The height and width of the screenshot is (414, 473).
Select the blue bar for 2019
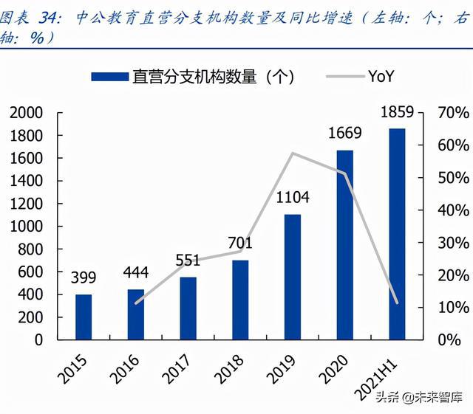293,277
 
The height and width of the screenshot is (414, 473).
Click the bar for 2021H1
398,234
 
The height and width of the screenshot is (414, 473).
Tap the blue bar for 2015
84,317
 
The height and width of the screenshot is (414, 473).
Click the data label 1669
344,134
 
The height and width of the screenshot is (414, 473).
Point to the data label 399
84,278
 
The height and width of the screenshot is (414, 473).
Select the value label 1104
293,198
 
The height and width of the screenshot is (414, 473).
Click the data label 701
240,243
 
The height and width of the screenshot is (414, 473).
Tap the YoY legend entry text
379,75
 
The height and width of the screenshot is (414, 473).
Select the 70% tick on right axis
452,113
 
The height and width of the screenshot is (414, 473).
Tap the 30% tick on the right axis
452,243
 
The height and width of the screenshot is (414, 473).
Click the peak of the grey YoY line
293,153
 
